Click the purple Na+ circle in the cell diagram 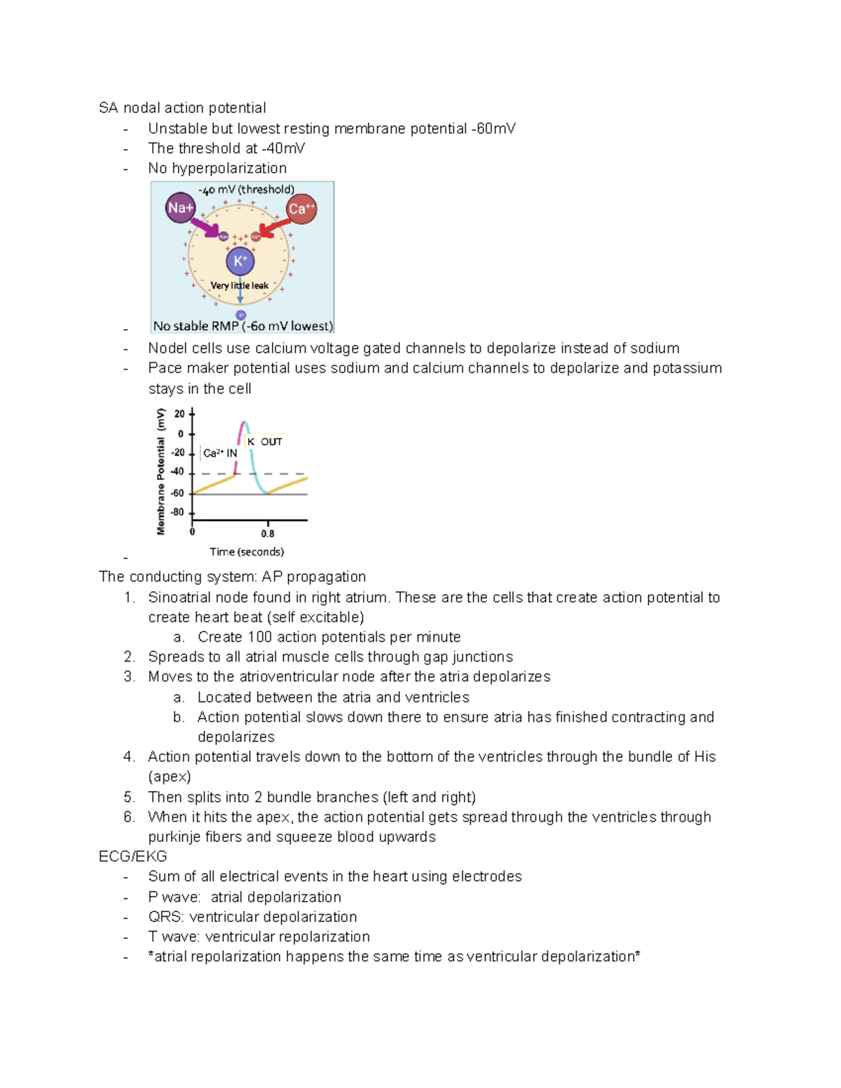(180, 208)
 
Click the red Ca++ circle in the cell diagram (301, 209)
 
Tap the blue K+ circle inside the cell (240, 261)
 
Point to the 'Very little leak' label (240, 286)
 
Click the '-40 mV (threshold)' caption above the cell (246, 190)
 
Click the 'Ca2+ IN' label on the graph (220, 453)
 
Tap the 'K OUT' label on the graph (265, 442)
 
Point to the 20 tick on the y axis (180, 414)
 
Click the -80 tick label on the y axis (178, 512)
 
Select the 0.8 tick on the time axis (268, 533)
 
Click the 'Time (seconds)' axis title (247, 552)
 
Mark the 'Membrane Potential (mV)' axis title (161, 471)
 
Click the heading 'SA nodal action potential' (182, 108)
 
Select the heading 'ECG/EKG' (133, 857)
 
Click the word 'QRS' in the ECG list (165, 917)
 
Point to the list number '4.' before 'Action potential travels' (129, 757)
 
